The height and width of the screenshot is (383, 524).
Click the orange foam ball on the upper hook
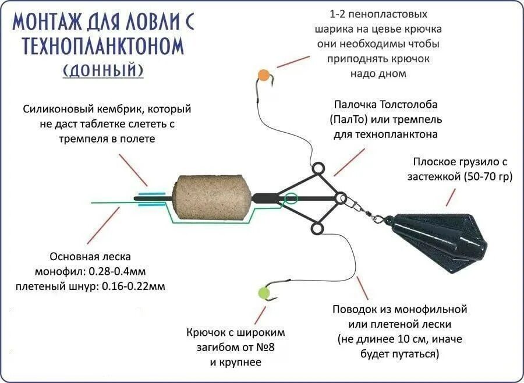tap(263, 74)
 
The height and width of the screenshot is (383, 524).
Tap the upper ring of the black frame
tap(317, 170)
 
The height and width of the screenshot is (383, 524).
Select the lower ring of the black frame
tap(317, 229)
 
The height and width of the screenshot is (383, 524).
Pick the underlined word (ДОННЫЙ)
tap(103, 70)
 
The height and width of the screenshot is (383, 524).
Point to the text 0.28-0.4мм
tap(125, 271)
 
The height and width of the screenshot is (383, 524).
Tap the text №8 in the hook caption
tap(265, 347)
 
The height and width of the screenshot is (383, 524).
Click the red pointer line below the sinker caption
tap(451, 197)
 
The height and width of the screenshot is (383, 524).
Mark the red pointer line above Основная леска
tap(103, 226)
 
